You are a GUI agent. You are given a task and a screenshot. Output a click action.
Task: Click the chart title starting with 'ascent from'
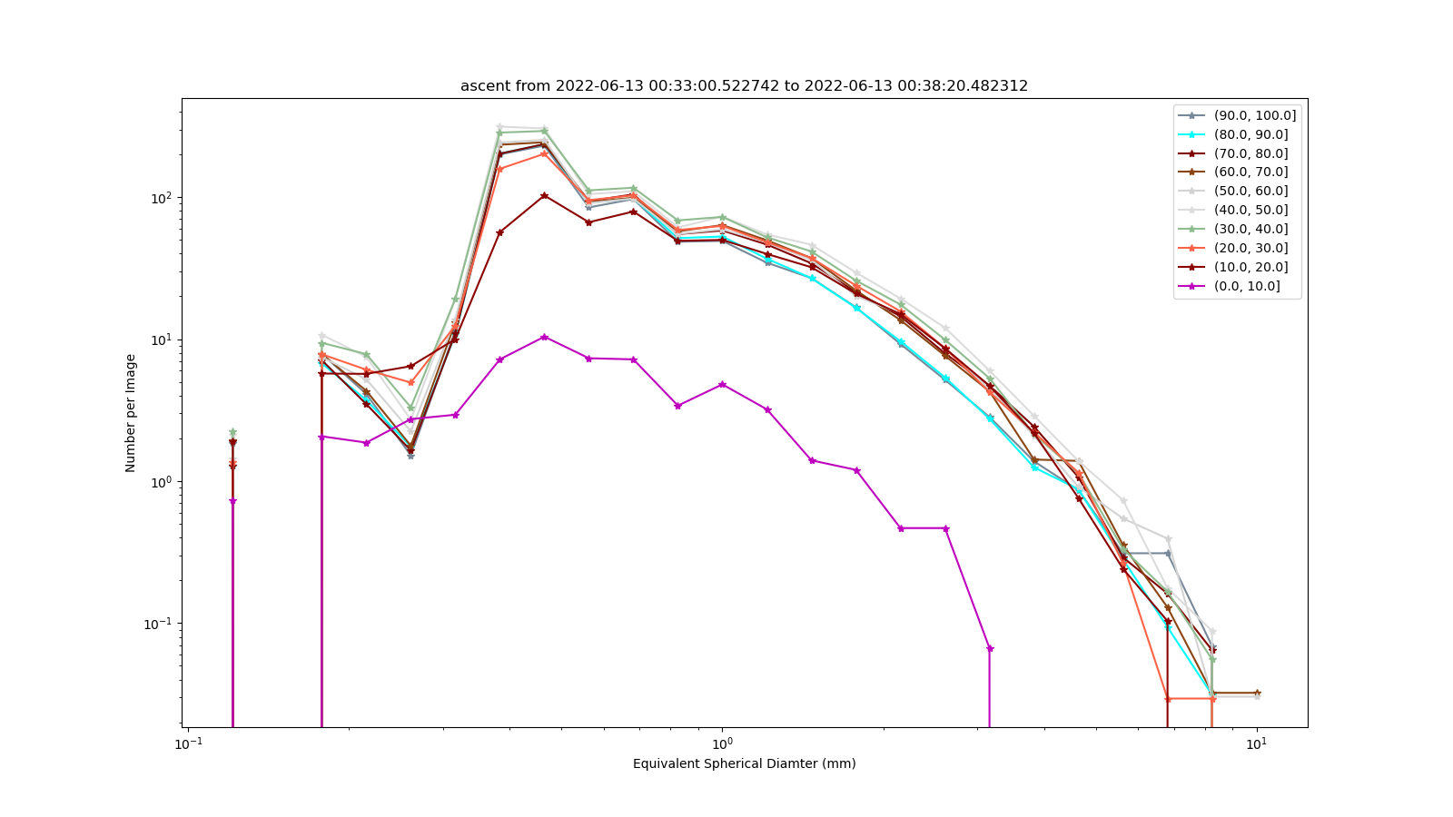(x=744, y=85)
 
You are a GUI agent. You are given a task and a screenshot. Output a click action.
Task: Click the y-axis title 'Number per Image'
(x=131, y=413)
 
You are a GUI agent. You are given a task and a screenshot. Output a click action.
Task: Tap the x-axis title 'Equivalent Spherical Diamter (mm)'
(x=744, y=763)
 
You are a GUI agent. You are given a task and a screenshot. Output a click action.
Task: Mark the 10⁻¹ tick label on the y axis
(x=161, y=624)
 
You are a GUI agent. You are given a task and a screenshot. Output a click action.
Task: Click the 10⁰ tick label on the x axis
(x=722, y=743)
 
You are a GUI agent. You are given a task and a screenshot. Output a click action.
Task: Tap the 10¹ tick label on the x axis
(x=1257, y=743)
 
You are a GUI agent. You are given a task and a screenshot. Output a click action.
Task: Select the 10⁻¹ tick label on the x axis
(x=188, y=743)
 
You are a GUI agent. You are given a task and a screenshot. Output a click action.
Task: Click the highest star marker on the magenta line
(x=544, y=337)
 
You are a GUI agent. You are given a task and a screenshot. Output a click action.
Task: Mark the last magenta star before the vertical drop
(x=990, y=648)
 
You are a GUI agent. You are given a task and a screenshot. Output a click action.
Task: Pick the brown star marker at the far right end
(x=1257, y=693)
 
